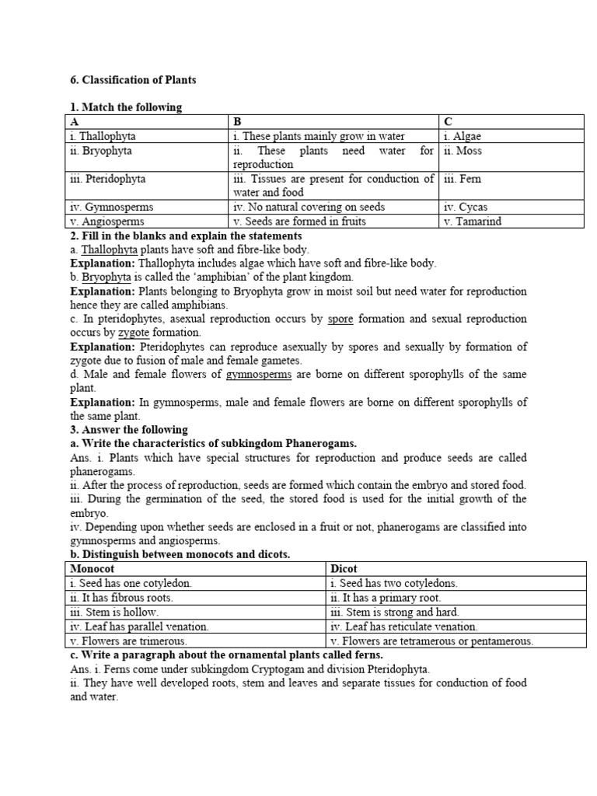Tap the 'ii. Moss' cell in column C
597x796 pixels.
point(463,151)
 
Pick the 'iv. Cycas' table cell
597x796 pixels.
point(466,208)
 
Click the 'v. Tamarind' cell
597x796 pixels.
point(473,222)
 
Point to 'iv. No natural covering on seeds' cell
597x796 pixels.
point(309,208)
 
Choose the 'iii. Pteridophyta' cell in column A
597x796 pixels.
point(108,179)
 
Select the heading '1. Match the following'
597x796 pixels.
point(125,107)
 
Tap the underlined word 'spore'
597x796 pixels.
point(340,319)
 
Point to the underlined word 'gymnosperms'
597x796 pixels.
point(259,375)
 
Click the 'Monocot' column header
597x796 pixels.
point(93,569)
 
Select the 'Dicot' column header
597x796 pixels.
point(344,569)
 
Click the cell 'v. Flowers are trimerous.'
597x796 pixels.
point(128,641)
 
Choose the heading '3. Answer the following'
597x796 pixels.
point(129,430)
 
